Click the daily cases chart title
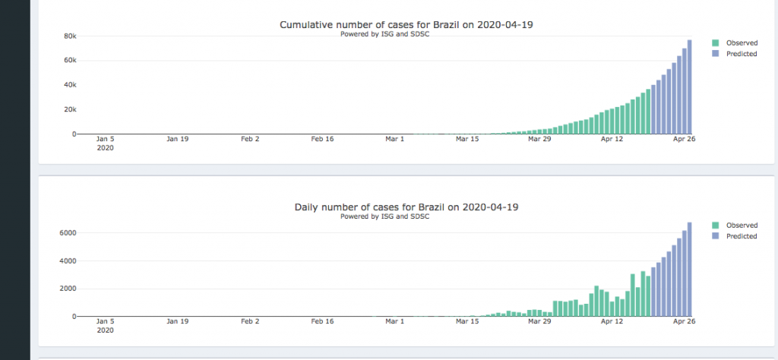[406, 207]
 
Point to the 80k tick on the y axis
[68, 36]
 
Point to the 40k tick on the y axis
[68, 84]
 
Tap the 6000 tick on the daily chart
[67, 232]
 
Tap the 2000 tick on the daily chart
[67, 289]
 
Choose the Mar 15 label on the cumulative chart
[467, 139]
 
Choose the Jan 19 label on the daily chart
[178, 321]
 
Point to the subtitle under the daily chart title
[384, 216]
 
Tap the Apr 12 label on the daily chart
[612, 321]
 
